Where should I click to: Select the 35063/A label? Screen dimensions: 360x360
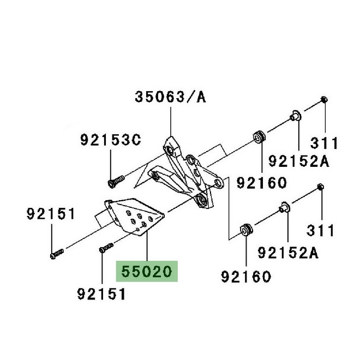(170, 98)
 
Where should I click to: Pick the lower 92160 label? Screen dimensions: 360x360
(246, 277)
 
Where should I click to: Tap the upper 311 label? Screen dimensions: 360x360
(325, 143)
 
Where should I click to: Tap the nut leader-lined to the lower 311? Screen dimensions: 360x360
(321, 188)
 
